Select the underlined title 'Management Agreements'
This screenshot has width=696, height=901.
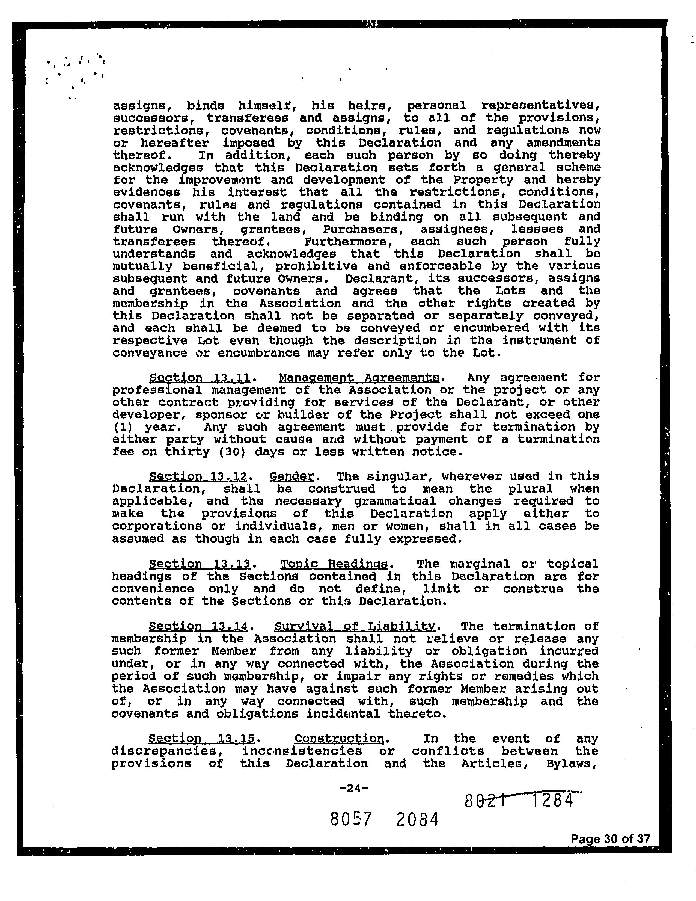359,378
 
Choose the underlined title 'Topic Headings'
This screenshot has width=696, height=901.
334,564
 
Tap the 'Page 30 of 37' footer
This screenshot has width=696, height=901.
610,839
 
